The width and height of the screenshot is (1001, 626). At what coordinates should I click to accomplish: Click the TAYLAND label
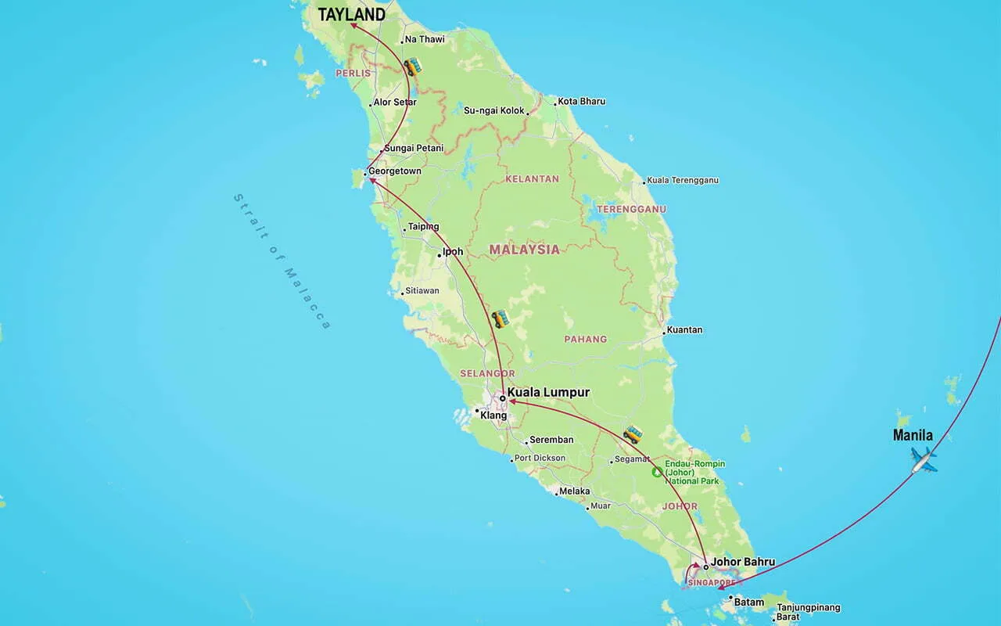point(351,15)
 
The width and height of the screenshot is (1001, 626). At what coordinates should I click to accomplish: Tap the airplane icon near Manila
point(924,460)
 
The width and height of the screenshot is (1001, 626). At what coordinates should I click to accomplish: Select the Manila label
point(913,436)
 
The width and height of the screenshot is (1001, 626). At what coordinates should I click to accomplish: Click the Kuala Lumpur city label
point(548,392)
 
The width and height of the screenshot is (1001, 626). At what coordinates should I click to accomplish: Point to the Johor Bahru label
point(742,562)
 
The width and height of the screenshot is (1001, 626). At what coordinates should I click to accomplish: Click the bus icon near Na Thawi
point(412,67)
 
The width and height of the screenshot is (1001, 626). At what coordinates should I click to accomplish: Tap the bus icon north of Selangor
point(500,318)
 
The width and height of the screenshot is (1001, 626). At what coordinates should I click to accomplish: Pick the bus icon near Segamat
point(633,434)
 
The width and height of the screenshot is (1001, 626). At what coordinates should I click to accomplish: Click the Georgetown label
point(395,171)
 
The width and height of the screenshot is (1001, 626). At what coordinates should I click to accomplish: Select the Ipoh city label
point(453,252)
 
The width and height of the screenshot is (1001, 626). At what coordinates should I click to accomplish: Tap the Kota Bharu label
point(581,102)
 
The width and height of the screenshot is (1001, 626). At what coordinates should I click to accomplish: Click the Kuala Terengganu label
point(683,181)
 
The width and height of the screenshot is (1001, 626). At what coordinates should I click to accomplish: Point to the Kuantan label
point(684,330)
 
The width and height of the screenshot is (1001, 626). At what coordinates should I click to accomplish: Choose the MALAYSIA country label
point(524,250)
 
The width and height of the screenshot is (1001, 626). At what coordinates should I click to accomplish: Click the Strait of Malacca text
point(282,261)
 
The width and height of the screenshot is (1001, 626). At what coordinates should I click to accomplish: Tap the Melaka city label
point(575,491)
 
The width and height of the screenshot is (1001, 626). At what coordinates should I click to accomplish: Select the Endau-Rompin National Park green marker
point(657,473)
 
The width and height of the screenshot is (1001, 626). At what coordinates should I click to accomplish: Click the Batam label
point(748,601)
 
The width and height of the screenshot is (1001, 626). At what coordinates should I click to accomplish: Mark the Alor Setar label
point(395,103)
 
